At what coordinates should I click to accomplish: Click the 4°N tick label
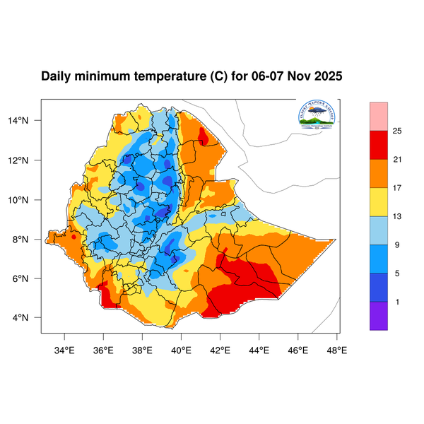tap(29, 317)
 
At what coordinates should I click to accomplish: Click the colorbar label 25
tap(397, 131)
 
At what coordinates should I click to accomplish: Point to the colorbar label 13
tap(397, 216)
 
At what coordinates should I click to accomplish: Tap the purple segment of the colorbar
tap(379, 316)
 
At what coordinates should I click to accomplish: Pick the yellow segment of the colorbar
tap(379, 201)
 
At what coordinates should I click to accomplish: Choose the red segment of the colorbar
tap(379, 145)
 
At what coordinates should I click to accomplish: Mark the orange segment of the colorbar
tap(379, 173)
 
